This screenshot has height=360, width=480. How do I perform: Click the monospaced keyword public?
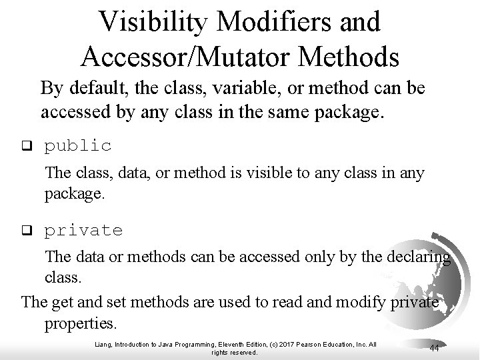click(78, 145)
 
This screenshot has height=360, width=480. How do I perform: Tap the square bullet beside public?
click(27, 145)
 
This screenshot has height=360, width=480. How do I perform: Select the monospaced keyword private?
click(83, 231)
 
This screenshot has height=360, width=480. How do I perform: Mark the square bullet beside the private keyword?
click(27, 231)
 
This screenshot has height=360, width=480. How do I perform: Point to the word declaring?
click(417, 257)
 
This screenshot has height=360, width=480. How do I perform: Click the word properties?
click(80, 324)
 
